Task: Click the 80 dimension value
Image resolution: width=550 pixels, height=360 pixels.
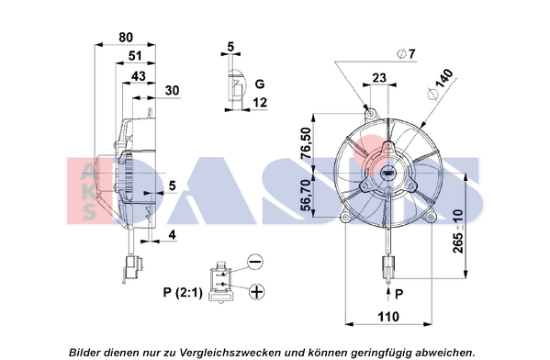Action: tap(126, 37)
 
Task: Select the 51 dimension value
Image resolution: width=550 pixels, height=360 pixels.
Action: tap(135, 55)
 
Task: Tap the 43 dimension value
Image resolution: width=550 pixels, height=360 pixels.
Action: tap(139, 76)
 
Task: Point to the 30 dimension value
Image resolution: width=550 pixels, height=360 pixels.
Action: tap(173, 90)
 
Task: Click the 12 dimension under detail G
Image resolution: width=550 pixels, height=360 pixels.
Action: tap(260, 102)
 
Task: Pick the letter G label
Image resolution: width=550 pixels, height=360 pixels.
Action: tap(260, 84)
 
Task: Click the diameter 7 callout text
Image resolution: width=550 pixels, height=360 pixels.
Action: tap(406, 54)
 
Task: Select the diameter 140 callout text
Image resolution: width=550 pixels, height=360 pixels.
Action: tap(440, 84)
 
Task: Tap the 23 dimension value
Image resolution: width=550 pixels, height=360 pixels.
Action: tap(379, 78)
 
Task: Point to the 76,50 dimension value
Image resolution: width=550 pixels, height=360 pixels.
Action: tap(306, 143)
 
